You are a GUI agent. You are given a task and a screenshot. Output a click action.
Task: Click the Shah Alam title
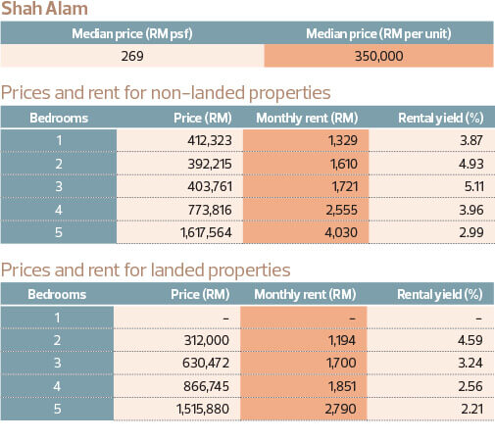(x=44, y=8)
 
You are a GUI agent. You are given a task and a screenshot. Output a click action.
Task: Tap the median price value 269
(x=132, y=56)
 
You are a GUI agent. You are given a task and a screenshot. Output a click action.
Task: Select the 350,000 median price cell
(x=378, y=56)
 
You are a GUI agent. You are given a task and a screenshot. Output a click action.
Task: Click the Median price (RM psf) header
(x=132, y=33)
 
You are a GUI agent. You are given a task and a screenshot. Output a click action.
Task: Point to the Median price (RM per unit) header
(x=378, y=33)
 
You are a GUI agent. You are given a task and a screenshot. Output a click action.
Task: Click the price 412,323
(x=210, y=140)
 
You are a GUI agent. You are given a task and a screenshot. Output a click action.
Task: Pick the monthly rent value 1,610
(x=344, y=164)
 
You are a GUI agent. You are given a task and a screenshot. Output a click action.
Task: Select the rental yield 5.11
(x=473, y=186)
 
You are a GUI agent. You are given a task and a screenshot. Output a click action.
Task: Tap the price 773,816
(x=210, y=210)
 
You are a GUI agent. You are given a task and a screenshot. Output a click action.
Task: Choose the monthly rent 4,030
(x=341, y=232)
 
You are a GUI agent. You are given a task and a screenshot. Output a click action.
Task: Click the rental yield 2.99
(x=471, y=232)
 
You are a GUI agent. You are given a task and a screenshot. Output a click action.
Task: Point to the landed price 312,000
(x=207, y=340)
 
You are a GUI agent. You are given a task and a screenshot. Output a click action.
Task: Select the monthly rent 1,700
(x=341, y=363)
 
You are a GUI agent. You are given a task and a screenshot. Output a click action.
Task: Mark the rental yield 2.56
(x=470, y=386)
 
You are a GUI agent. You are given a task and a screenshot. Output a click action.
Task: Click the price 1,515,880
(x=203, y=409)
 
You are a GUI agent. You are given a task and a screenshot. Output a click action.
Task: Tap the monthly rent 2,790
(x=340, y=409)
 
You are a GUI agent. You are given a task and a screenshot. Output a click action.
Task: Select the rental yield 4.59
(x=470, y=340)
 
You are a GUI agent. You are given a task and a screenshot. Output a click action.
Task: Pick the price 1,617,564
(x=206, y=232)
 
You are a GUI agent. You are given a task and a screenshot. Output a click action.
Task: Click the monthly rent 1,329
(x=343, y=140)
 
